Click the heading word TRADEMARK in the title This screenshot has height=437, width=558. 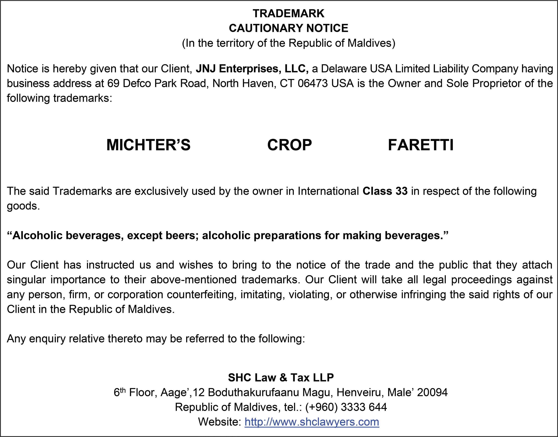point(289,13)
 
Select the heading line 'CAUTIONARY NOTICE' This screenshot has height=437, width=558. point(289,28)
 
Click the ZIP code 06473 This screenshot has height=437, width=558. point(313,83)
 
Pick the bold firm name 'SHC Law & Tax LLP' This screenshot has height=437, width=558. point(281,378)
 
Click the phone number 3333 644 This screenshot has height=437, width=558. point(364,407)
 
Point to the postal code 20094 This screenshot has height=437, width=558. point(433,392)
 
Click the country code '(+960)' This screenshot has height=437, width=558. point(322,407)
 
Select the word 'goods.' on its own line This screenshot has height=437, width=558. point(23,206)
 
